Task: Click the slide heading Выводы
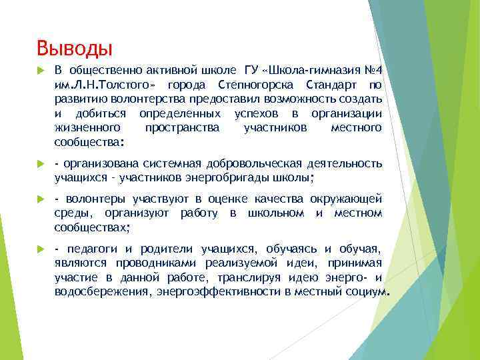[75, 49]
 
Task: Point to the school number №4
[371, 71]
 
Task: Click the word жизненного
[87, 127]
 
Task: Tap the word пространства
[182, 127]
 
